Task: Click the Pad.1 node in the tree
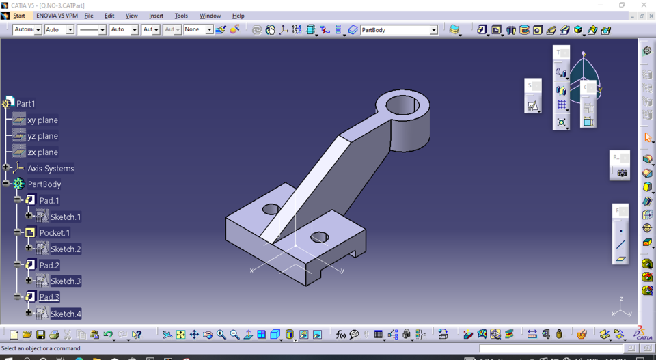click(x=49, y=200)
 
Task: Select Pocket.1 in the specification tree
click(x=54, y=233)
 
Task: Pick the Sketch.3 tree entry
click(x=66, y=281)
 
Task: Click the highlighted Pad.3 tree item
click(x=49, y=297)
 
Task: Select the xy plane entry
click(x=42, y=120)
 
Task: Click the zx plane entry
click(x=42, y=152)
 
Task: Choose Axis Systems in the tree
click(x=51, y=169)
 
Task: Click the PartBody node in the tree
click(x=44, y=184)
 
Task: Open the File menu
click(x=89, y=16)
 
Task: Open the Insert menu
click(x=156, y=16)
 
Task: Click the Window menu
click(x=210, y=16)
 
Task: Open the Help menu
click(x=238, y=16)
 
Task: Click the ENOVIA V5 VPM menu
click(x=57, y=16)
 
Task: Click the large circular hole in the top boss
click(x=402, y=105)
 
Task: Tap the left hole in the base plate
click(x=271, y=208)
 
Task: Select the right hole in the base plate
click(x=319, y=238)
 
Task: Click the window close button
click(x=643, y=5)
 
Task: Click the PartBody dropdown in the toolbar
click(x=398, y=30)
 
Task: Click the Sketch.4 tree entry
click(x=66, y=314)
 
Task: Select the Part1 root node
click(x=25, y=104)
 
